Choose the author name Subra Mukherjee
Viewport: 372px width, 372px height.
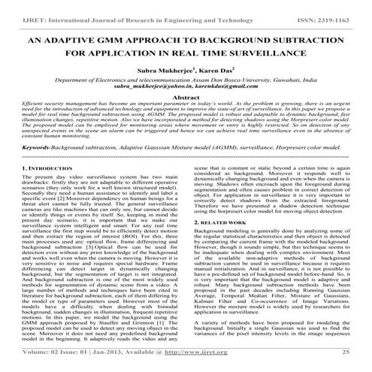169,74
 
